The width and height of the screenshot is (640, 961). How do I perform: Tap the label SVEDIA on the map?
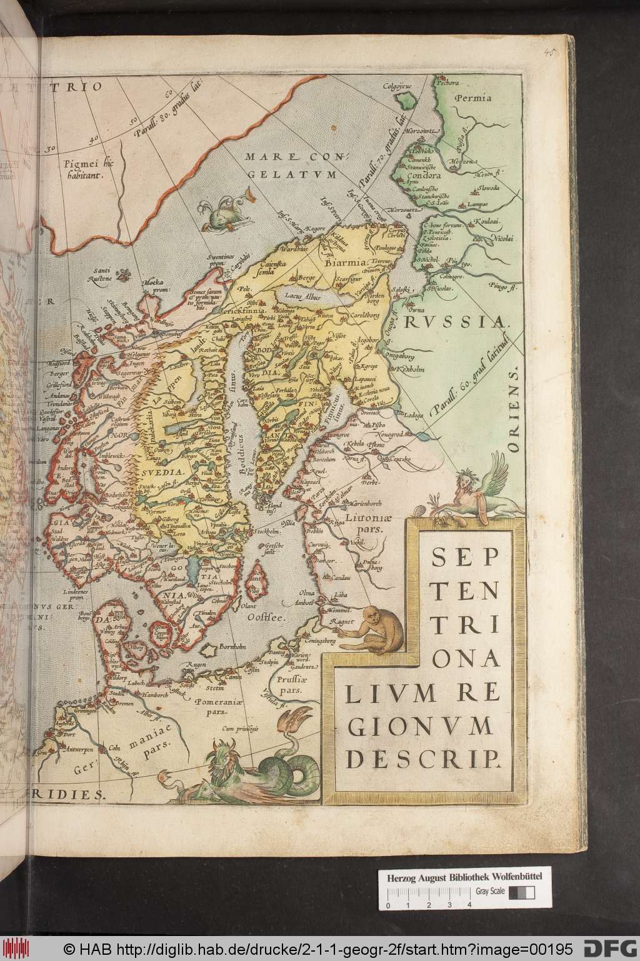point(161,474)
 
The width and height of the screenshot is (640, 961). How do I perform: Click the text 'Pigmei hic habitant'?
point(83,169)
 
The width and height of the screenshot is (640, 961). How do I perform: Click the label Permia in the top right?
point(473,97)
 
